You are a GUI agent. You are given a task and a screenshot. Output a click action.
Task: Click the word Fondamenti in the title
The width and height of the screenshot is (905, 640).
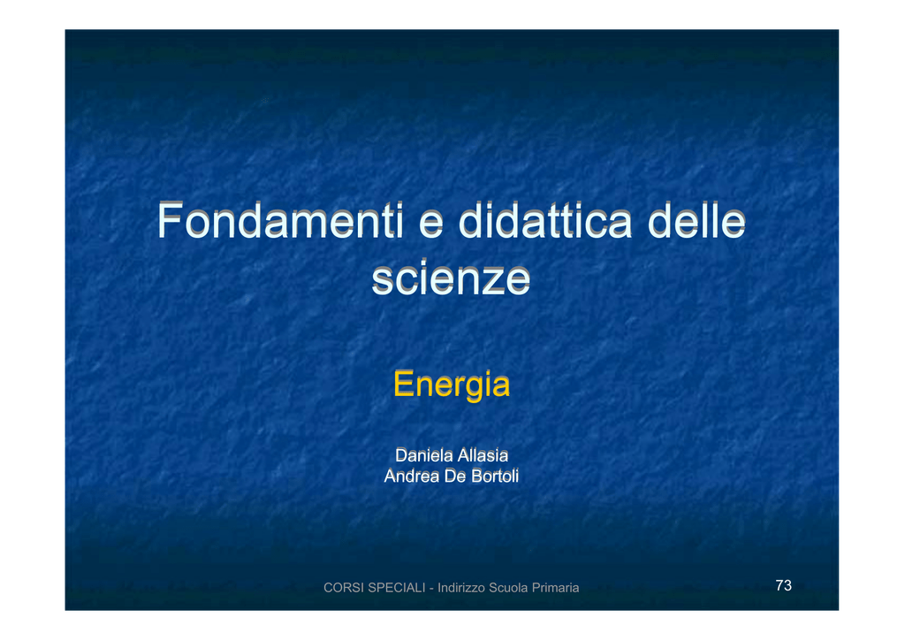click(280, 220)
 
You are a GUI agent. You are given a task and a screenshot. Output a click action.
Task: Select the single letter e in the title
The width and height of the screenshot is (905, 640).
click(430, 225)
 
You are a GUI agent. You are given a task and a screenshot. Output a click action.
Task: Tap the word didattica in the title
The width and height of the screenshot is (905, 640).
click(544, 220)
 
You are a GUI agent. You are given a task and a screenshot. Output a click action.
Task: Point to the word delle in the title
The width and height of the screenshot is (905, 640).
click(696, 220)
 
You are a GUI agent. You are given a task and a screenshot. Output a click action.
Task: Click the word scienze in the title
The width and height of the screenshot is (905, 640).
click(451, 278)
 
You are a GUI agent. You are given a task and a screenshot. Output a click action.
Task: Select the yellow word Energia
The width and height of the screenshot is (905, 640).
click(452, 385)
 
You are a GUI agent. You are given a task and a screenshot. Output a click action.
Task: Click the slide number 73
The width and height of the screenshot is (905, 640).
click(783, 585)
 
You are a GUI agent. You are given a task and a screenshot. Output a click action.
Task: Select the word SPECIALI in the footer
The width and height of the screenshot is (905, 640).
click(397, 588)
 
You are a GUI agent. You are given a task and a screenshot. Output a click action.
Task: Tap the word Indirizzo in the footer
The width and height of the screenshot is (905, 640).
click(461, 588)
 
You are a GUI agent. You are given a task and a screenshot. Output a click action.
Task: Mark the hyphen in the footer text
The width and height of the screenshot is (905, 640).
click(431, 589)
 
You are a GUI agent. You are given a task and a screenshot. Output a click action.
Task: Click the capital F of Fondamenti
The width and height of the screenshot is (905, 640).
click(170, 220)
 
